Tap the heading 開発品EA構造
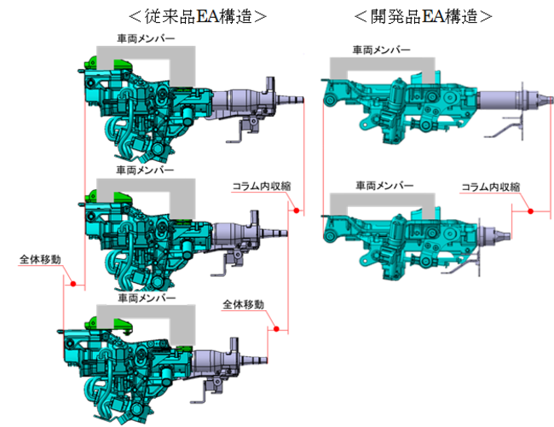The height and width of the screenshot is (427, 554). (424, 15)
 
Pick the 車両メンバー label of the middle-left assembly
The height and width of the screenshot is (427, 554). (146, 170)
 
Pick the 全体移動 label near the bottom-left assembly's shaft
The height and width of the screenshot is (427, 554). (243, 304)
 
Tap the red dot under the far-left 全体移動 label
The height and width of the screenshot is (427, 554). (74, 284)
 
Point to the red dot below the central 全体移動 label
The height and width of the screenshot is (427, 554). (277, 328)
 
